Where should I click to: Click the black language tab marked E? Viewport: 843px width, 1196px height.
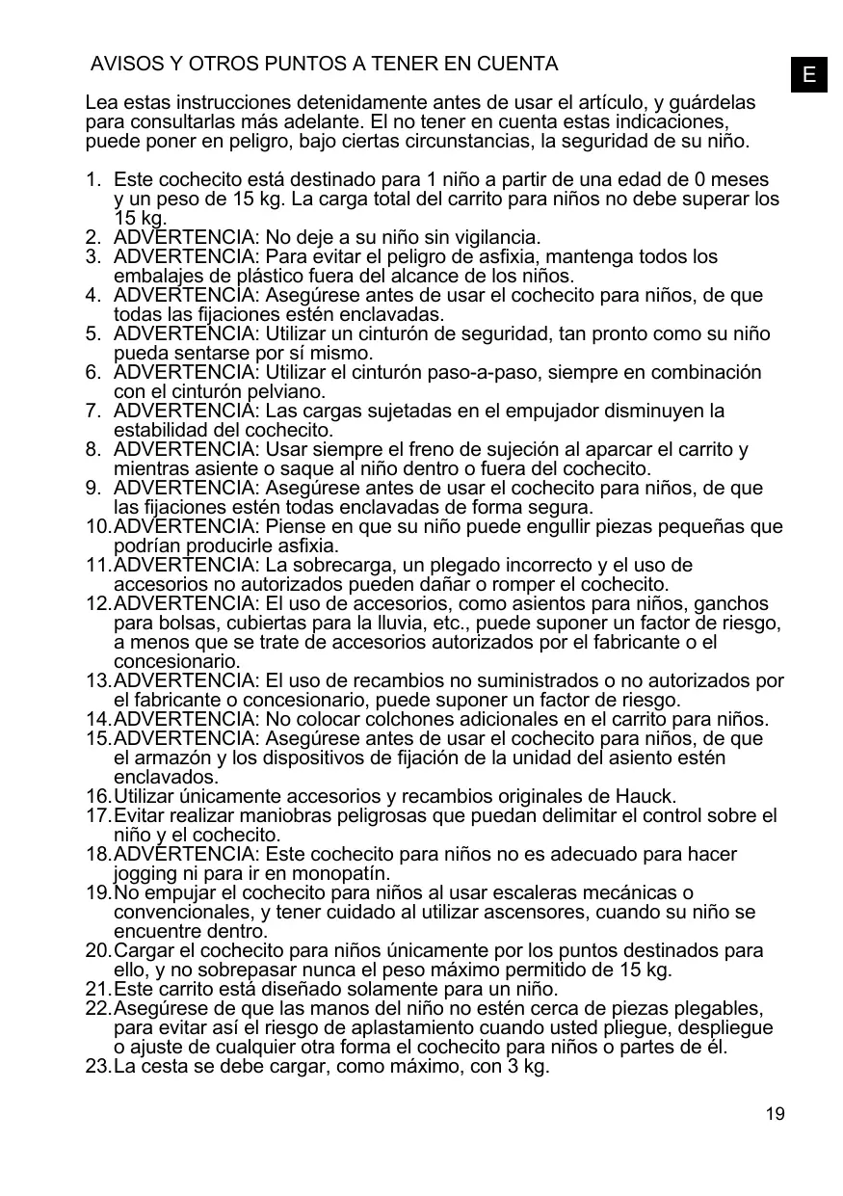coord(809,74)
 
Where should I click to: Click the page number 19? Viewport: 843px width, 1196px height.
coord(775,1114)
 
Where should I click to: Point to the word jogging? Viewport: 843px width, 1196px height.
coord(145,874)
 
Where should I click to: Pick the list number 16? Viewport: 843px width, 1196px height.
coord(96,797)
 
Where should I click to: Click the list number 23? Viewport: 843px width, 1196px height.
coord(96,1067)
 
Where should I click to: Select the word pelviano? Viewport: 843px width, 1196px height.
coord(286,392)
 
